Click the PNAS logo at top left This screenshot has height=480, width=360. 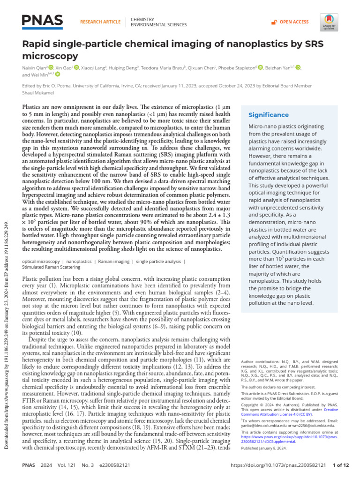pyautogui.click(x=43, y=20)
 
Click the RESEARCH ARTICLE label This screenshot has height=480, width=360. pyautogui.click(x=100, y=22)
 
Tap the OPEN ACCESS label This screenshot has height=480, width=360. pyautogui.click(x=294, y=22)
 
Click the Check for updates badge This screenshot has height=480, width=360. pyautogui.click(x=329, y=21)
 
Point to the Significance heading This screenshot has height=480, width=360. pyautogui.click(x=269, y=115)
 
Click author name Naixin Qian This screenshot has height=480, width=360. pyautogui.click(x=35, y=67)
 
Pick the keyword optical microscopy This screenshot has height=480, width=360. pyautogui.click(x=41, y=261)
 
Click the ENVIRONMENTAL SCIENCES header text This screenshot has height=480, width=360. pyautogui.click(x=159, y=25)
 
